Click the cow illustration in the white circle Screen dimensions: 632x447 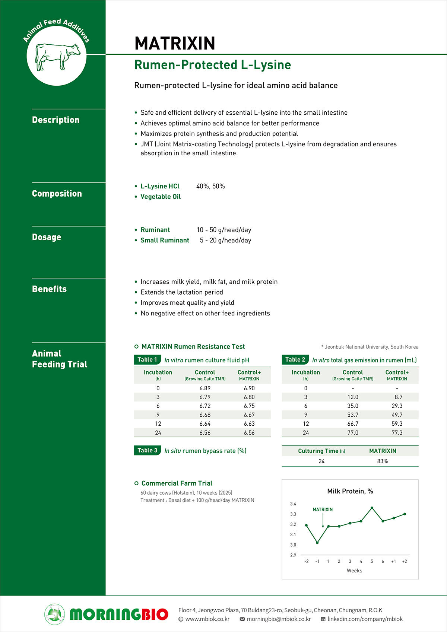pos(57,57)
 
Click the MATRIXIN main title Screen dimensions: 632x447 pos(175,43)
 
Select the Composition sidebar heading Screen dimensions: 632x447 pos(57,194)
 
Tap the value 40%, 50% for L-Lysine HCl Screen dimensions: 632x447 pos(210,186)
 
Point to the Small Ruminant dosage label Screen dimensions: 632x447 pos(165,240)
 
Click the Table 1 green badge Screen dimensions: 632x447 pos(147,360)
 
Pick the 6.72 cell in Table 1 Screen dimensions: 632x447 pos(205,406)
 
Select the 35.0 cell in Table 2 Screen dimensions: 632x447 pos(352,406)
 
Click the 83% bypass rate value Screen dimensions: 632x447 pos(383,461)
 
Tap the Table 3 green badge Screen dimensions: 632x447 pos(147,451)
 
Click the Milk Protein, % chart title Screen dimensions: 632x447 pos(350,491)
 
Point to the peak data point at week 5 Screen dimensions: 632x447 pos(372,508)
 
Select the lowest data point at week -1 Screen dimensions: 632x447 pos(317,543)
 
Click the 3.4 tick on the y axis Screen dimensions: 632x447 pos(293,504)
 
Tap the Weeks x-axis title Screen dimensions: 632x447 pos(354,571)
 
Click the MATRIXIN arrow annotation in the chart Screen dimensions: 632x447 pos(323,509)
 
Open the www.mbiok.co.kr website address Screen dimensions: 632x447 pos(207,619)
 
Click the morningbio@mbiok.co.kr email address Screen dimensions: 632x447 pos(279,619)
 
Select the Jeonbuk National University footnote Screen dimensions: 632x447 pos(371,347)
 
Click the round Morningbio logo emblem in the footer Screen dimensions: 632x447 pos(54,614)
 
